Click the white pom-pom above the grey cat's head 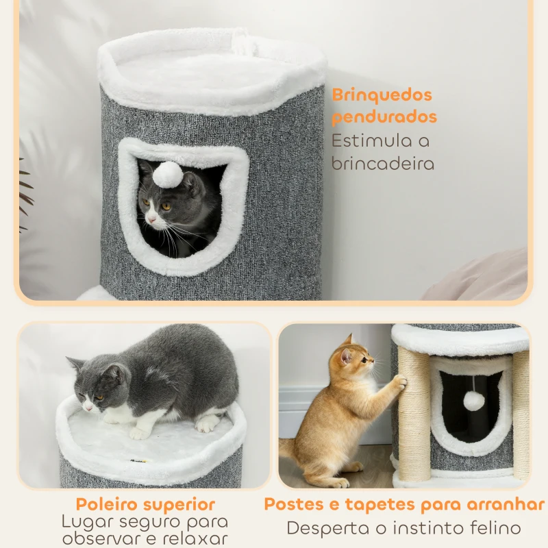click(x=167, y=175)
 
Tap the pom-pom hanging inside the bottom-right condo click(x=473, y=401)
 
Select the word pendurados click(x=384, y=116)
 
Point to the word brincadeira click(x=383, y=164)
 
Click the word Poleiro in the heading click(x=109, y=505)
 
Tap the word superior click(x=181, y=505)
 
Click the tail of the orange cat click(x=288, y=449)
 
